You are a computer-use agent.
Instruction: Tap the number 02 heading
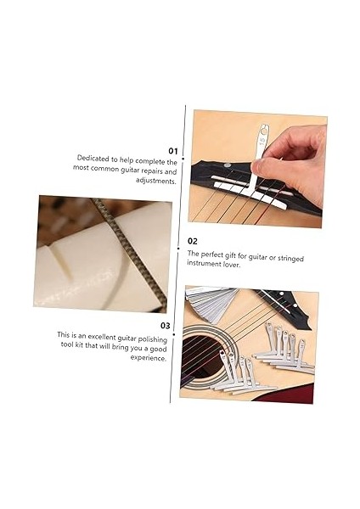tap(193, 241)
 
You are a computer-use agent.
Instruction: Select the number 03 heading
tap(166, 325)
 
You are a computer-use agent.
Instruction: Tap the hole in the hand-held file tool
tap(263, 133)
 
